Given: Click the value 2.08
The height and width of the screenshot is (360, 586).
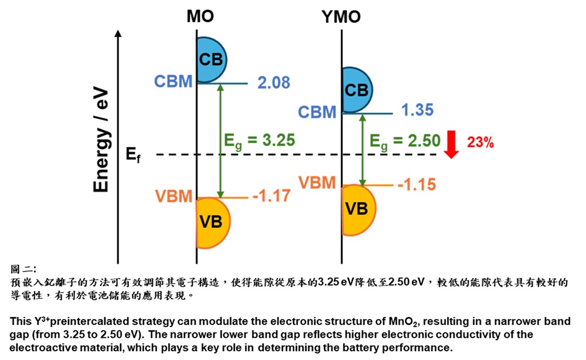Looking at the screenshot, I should click(x=274, y=83).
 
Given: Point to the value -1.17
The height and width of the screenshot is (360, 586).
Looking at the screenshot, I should click(x=271, y=195).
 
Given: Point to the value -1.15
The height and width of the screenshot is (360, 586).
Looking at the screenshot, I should click(x=417, y=185).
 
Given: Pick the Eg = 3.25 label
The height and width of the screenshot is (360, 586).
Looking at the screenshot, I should click(x=260, y=140).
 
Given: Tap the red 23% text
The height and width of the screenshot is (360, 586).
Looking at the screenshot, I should click(x=480, y=141).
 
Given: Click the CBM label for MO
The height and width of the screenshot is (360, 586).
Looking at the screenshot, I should click(x=173, y=81).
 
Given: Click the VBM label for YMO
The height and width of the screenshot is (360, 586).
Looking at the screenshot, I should click(x=317, y=182).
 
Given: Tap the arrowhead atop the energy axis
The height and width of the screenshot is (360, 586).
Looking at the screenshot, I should click(x=119, y=34).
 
